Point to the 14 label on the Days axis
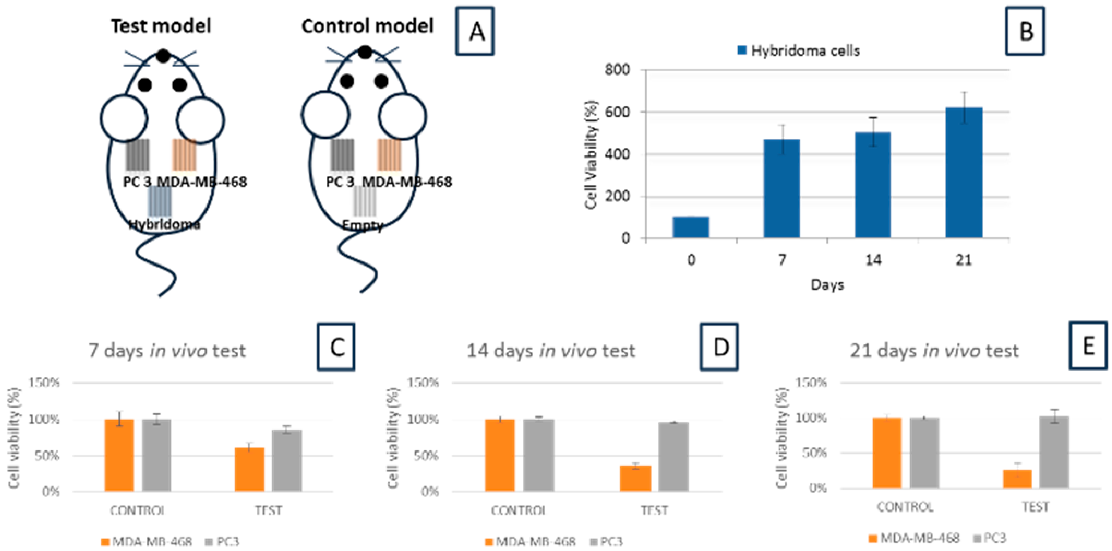click(x=873, y=260)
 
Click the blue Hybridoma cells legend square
click(x=742, y=50)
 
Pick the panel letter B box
click(x=1025, y=31)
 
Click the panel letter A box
click(x=475, y=31)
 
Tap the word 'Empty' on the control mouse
click(x=363, y=225)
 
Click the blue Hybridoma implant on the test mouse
click(x=160, y=201)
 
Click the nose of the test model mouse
click(x=163, y=56)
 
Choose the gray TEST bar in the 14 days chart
click(x=673, y=457)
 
